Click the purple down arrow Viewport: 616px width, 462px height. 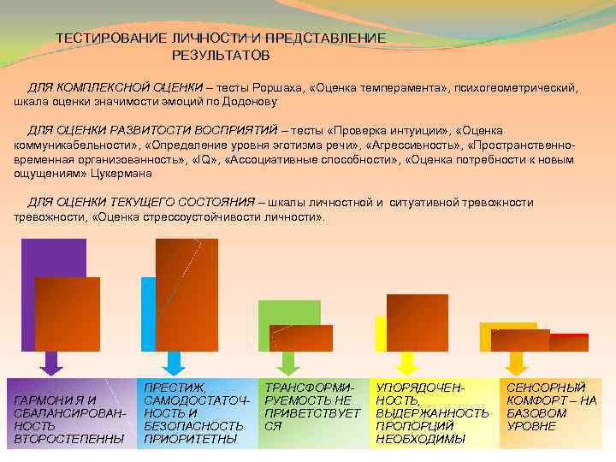(x=51, y=363)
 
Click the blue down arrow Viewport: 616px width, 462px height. (x=174, y=363)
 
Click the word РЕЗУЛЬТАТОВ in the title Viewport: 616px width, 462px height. (x=220, y=55)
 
